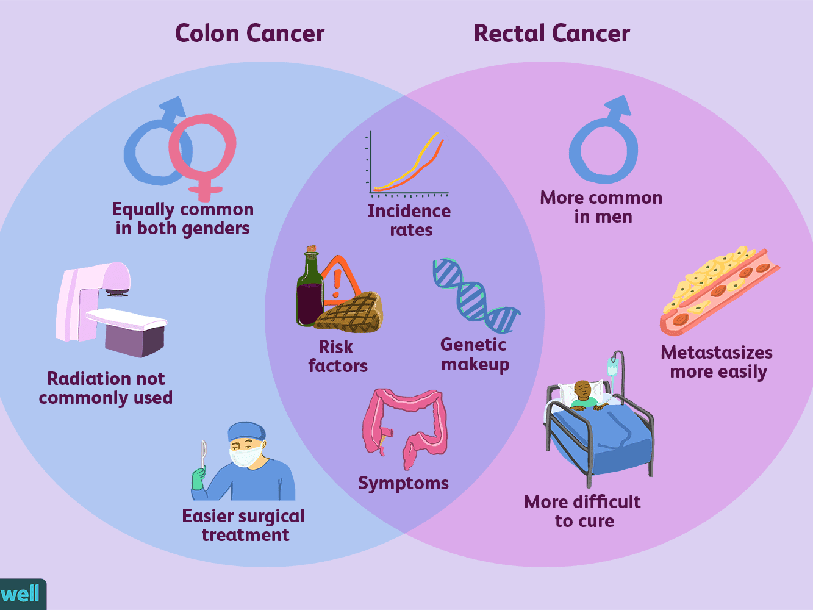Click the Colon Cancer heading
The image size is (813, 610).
tap(249, 34)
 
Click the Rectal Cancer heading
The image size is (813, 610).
tap(551, 34)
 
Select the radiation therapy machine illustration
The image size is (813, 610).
tap(110, 308)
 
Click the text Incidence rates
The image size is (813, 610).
tap(409, 220)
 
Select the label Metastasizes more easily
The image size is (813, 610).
tap(717, 362)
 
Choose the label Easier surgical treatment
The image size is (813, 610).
tap(243, 525)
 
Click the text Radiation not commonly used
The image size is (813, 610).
tap(106, 388)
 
